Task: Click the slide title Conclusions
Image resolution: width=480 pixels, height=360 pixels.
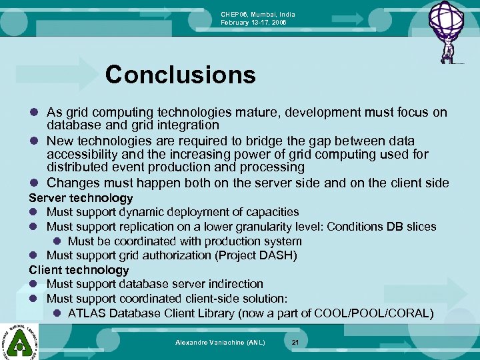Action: (180, 75)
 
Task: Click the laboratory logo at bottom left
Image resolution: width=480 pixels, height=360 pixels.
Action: (19, 341)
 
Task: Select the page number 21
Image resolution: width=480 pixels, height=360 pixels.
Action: (295, 342)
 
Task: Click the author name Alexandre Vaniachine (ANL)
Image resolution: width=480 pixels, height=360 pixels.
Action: (220, 342)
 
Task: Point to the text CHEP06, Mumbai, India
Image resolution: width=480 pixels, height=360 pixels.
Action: (258, 15)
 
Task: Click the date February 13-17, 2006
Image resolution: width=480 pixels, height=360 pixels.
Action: (258, 23)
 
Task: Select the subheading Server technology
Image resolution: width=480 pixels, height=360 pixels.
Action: (81, 198)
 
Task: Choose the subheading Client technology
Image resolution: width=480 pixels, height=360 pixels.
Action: (79, 270)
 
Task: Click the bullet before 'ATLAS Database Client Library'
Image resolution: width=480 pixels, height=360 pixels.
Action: (57, 313)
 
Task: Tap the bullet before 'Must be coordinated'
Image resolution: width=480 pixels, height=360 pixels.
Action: (57, 241)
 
